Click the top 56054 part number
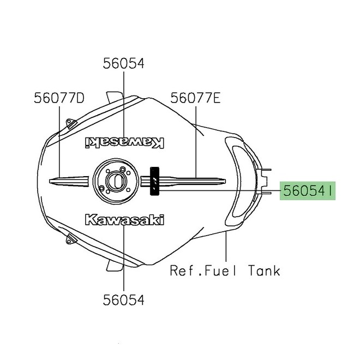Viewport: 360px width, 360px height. click(124, 64)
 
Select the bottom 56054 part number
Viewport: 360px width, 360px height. click(124, 299)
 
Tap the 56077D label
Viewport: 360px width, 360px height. click(59, 98)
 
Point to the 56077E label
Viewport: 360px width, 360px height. click(195, 98)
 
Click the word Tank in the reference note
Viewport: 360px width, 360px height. click(264, 270)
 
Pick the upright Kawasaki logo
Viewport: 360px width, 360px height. click(124, 220)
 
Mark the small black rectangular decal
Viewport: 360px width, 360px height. click(155, 180)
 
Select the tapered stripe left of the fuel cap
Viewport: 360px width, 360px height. click(69, 179)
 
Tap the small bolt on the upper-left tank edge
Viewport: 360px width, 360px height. click(69, 122)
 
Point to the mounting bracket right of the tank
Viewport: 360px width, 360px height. click(266, 179)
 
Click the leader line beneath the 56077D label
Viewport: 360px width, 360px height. click(59, 142)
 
